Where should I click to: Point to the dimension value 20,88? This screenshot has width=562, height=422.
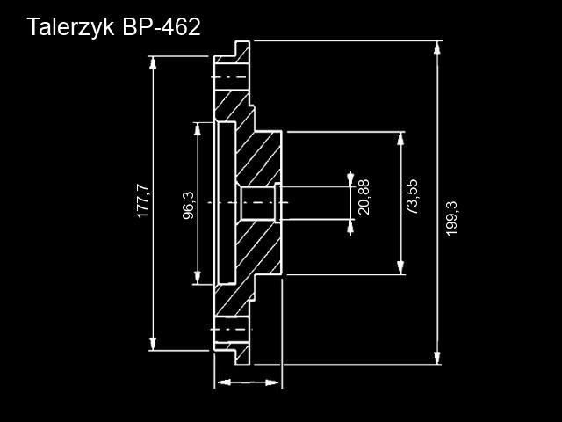click(x=364, y=197)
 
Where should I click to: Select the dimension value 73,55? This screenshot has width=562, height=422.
click(x=413, y=197)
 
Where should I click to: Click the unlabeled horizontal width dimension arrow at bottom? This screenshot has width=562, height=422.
click(x=248, y=382)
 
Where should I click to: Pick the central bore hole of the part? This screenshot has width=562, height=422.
click(x=257, y=203)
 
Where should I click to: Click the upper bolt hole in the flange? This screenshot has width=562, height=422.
click(x=230, y=78)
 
